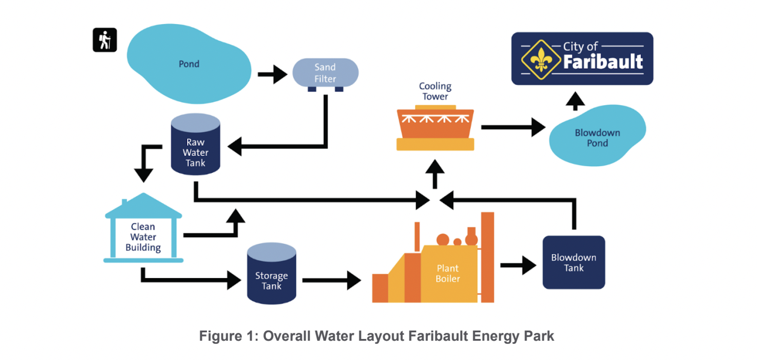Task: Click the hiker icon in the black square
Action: pos(104,40)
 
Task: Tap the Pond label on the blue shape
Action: pos(189,64)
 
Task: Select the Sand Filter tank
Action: pos(325,73)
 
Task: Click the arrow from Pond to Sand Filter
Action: pos(273,75)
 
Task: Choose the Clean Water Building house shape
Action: pos(143,229)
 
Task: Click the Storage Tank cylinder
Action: pos(271,273)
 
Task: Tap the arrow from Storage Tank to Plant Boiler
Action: pos(331,280)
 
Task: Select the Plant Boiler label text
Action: pos(448,273)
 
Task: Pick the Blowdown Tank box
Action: pos(573,262)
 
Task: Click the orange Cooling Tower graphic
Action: pos(436,128)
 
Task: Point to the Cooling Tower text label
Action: pos(435,92)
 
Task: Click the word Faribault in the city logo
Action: pos(604,61)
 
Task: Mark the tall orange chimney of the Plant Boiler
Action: pos(487,256)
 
